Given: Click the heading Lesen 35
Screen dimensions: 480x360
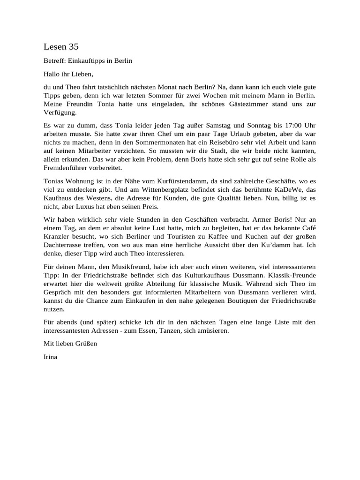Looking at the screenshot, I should click(x=61, y=46).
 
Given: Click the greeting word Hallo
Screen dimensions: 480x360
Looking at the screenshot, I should click(x=52, y=74).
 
